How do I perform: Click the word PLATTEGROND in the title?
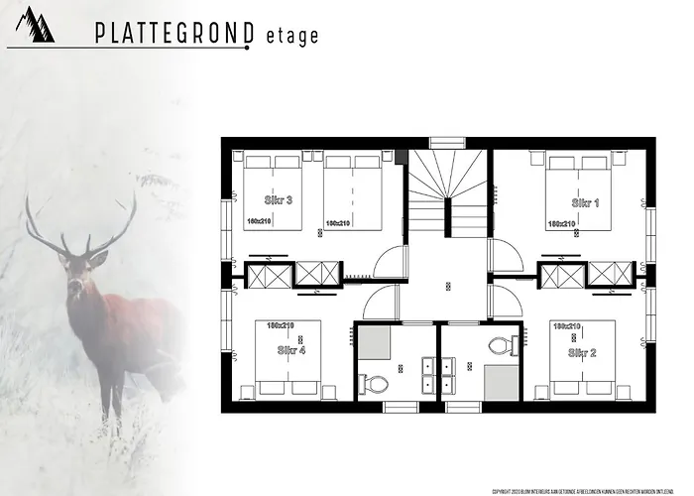click(x=174, y=34)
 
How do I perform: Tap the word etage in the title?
click(x=292, y=36)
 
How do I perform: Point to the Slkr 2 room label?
click(x=582, y=352)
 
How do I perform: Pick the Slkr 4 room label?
click(x=291, y=350)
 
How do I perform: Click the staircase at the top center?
click(x=449, y=188)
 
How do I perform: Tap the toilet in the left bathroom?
click(x=374, y=382)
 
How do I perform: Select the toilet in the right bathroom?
click(x=502, y=346)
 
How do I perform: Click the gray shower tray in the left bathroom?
click(x=375, y=344)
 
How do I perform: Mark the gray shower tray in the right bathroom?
click(x=502, y=381)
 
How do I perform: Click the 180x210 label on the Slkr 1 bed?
click(x=562, y=223)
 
